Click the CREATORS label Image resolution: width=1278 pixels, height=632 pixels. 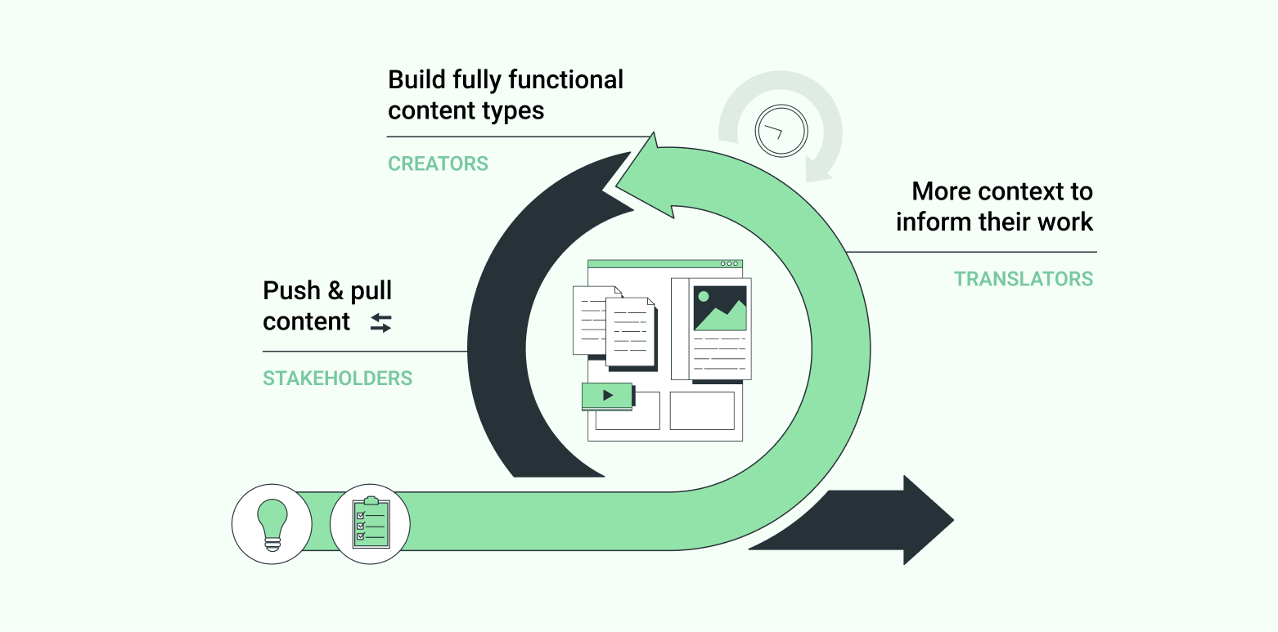point(438,164)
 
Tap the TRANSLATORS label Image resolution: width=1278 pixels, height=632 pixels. point(1023,279)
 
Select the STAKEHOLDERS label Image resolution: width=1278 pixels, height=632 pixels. point(337,379)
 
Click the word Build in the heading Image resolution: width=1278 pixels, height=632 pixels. point(417,80)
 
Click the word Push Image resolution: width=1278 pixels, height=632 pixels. point(292,291)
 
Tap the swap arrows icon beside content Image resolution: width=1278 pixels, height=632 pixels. point(380,323)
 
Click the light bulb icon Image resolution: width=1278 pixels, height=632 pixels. point(272,523)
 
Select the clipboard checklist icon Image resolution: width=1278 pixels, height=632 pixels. point(370,523)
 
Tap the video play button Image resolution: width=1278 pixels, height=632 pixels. point(607,396)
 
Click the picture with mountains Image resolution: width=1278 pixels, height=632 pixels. point(720,307)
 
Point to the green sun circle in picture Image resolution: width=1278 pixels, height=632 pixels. point(703,296)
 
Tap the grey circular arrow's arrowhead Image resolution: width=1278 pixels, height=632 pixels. point(818,170)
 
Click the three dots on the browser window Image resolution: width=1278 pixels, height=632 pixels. point(730,264)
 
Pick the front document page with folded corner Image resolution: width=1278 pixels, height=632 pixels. point(630,331)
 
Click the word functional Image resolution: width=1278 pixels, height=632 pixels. point(565,80)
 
